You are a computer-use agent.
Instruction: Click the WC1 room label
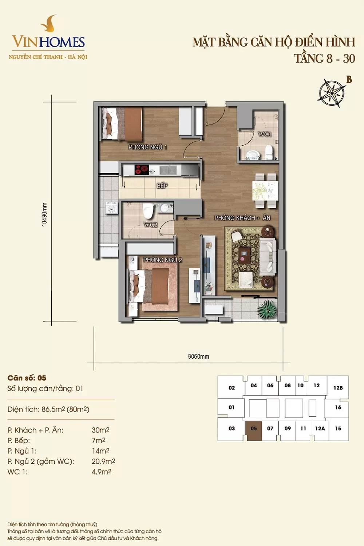[265, 134]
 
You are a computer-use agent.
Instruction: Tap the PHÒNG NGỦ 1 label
[148, 147]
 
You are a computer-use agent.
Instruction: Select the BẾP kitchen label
[162, 186]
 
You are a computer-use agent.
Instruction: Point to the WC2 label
[150, 225]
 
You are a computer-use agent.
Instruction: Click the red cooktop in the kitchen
[142, 170]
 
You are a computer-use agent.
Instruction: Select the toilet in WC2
[148, 211]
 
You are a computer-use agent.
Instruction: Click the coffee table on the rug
[245, 256]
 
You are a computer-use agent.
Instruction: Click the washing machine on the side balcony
[112, 208]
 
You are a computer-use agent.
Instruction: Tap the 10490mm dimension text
[44, 214]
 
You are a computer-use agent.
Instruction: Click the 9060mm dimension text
[198, 357]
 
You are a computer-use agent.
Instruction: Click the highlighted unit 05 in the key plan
[254, 428]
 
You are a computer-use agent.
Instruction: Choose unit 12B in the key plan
[338, 388]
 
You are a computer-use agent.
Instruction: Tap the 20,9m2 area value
[103, 461]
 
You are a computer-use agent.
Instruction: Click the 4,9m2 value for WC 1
[102, 472]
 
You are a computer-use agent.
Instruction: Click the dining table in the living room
[265, 191]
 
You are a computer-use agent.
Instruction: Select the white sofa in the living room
[268, 256]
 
